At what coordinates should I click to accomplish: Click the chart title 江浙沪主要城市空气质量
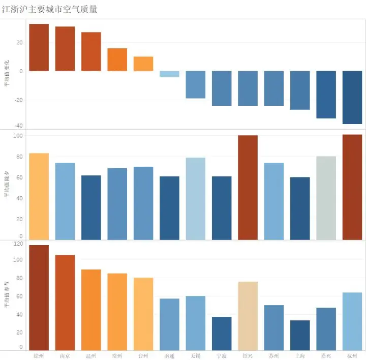50,9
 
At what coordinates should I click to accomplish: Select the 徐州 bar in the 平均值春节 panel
39,297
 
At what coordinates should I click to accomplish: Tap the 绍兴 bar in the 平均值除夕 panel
248,187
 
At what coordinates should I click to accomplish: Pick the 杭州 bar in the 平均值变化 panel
352,97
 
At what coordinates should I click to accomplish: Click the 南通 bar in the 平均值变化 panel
169,74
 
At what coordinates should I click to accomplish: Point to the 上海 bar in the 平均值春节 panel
300,335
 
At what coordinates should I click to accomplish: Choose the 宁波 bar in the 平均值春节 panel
222,333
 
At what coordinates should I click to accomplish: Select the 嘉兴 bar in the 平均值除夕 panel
326,198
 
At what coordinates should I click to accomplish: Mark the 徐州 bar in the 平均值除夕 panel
39,196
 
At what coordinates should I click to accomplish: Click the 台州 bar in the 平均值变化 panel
143,64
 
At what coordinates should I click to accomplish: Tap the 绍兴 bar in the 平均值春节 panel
248,316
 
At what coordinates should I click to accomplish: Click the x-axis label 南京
65,355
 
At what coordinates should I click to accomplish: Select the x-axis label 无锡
195,355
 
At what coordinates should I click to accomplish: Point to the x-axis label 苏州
273,355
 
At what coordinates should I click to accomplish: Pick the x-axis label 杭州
352,355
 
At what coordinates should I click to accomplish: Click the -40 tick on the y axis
18,126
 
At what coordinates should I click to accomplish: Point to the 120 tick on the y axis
18,244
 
